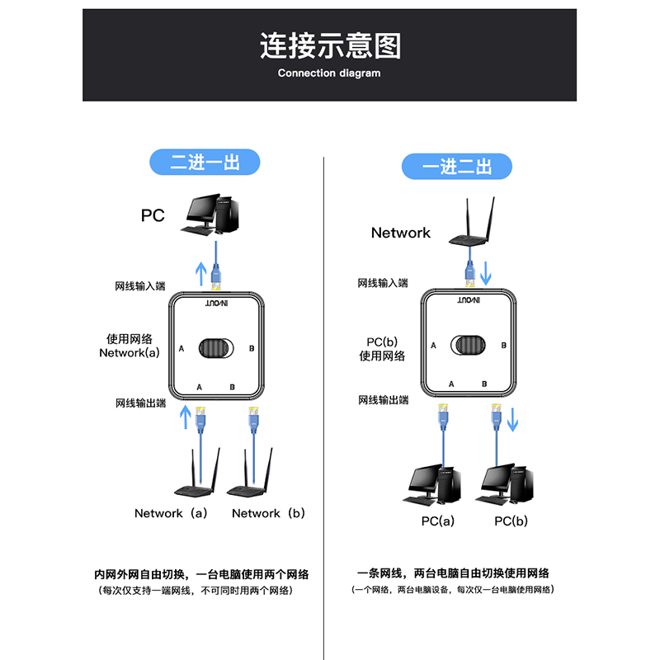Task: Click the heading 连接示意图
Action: tap(330, 45)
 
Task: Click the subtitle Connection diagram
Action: tap(329, 73)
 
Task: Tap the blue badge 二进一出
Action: tap(205, 163)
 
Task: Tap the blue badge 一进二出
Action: tap(456, 167)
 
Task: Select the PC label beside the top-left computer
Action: tap(153, 216)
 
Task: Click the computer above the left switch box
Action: tap(214, 214)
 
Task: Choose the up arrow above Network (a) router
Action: tap(186, 417)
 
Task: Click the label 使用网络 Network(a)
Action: tap(130, 346)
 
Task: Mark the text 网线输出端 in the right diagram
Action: tap(384, 400)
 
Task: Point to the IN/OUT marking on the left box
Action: tap(218, 304)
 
